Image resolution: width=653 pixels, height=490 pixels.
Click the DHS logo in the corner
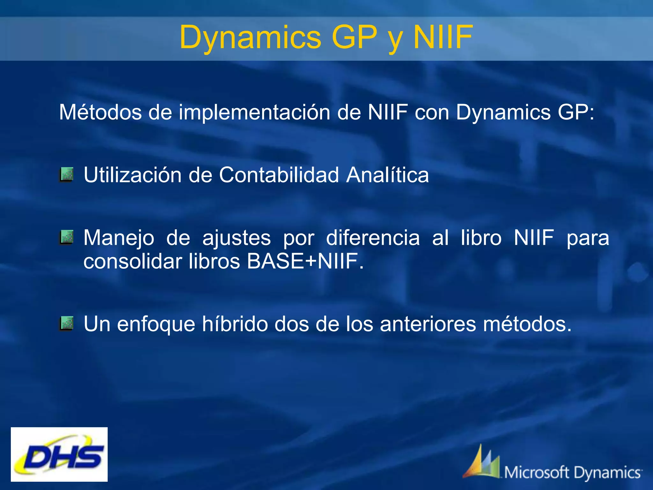tap(59, 454)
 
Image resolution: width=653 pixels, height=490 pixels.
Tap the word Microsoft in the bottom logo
tap(537, 472)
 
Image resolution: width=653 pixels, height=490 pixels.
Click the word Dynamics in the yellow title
tap(251, 37)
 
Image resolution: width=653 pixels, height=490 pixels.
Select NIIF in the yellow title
tap(443, 37)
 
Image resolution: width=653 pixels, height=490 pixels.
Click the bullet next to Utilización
tap(66, 174)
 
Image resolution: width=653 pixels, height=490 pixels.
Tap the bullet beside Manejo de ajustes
tap(66, 237)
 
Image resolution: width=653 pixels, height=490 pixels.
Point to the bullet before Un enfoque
tap(66, 323)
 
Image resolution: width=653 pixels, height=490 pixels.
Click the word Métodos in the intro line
tap(100, 112)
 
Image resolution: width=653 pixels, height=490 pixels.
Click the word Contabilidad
tap(279, 175)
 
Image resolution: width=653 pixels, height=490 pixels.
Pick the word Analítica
tap(387, 175)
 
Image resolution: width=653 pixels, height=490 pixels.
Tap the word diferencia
tap(373, 238)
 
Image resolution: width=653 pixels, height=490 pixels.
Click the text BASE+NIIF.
tap(305, 261)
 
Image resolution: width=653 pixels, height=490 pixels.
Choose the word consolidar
tap(132, 261)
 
